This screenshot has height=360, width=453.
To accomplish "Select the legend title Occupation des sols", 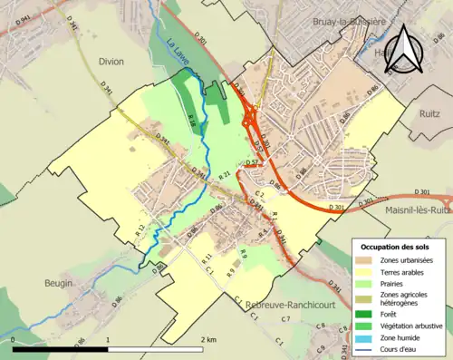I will (398, 247).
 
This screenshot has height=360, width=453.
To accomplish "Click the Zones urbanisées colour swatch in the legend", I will (367, 260).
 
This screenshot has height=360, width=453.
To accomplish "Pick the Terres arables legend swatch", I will (367, 271).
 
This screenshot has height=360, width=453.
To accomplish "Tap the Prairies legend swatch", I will (367, 282).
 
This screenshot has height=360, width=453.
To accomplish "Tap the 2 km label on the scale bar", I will (210, 340).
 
